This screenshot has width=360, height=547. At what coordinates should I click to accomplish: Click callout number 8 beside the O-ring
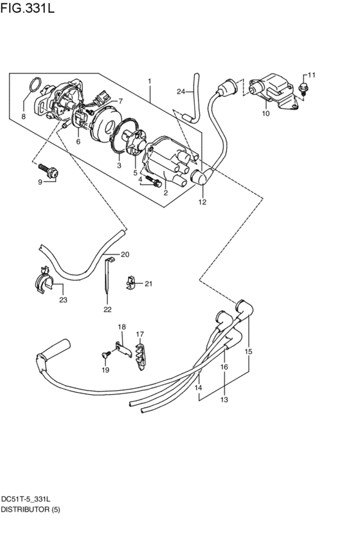pos(23,116)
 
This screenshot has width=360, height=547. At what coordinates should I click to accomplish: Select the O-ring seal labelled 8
pos(37,84)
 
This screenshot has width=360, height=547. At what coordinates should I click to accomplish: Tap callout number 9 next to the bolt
pos(40,182)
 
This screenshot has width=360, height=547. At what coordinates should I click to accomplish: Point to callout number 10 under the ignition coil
pos(265,114)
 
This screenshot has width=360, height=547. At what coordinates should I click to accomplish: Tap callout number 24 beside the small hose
pos(181,91)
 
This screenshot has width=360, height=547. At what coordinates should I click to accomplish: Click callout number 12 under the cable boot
pos(202,202)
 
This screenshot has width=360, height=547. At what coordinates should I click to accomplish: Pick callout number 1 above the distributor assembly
pos(149,82)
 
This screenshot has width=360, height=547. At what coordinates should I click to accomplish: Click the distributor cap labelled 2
pos(168,157)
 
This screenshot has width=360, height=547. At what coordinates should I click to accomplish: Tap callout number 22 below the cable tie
pos(107,309)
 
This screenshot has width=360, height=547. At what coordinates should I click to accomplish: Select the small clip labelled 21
pos(130,282)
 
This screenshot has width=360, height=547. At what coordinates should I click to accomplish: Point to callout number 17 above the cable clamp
pos(139,334)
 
